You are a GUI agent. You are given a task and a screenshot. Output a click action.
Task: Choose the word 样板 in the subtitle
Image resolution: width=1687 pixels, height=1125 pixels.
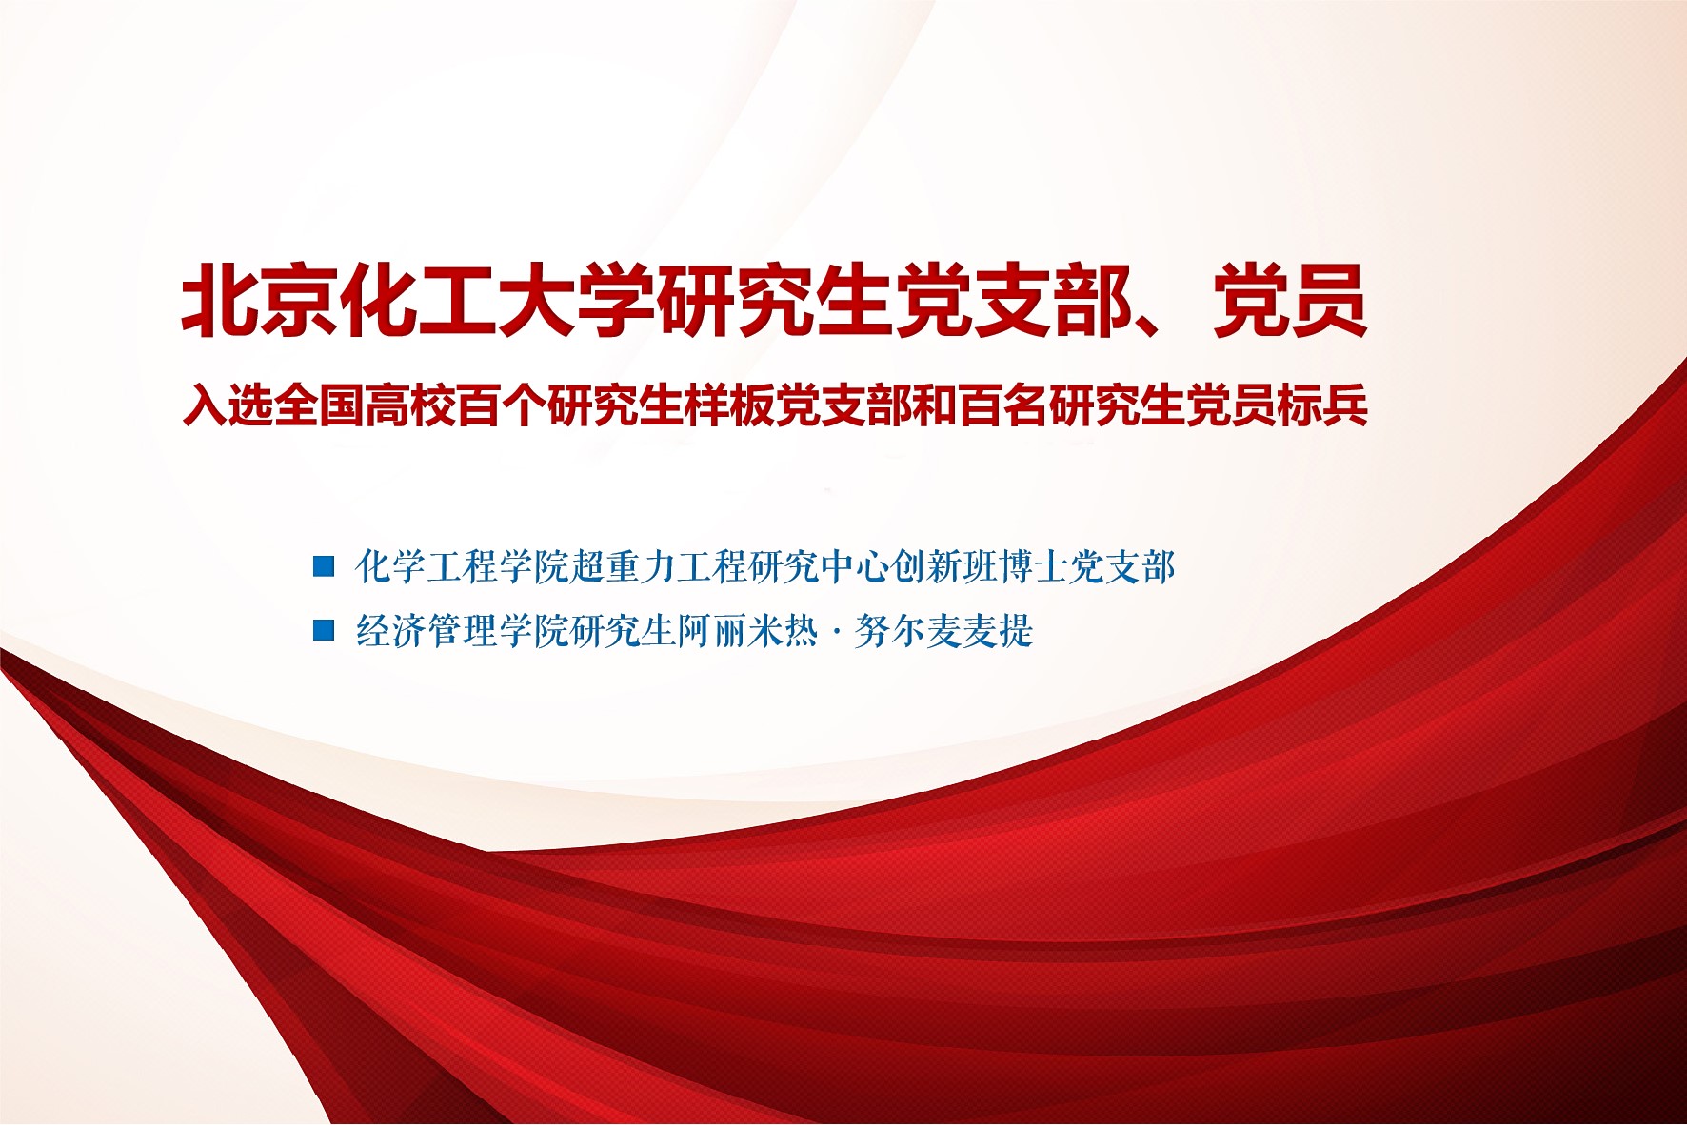coord(726,405)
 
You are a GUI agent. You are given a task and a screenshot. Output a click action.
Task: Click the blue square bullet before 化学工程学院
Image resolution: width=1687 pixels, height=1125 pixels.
coord(325,566)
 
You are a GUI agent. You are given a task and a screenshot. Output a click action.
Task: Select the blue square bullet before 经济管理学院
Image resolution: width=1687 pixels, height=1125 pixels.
coord(325,630)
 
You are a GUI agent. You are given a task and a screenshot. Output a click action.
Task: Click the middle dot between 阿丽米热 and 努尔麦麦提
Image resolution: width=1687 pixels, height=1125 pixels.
coord(836,632)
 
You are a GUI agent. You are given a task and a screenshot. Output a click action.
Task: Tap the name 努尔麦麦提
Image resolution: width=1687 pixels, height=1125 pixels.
coord(943,631)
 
